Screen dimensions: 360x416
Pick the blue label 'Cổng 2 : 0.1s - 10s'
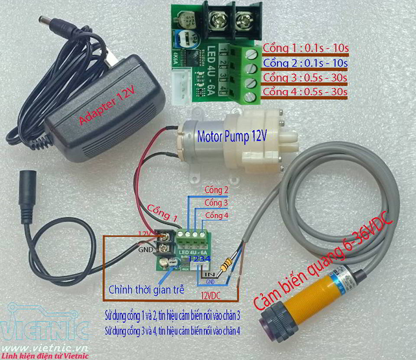click(x=305, y=63)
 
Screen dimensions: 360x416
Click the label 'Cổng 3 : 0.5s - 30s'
click(x=305, y=78)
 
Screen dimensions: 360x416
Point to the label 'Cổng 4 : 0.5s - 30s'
click(x=305, y=92)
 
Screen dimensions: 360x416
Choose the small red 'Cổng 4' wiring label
click(x=216, y=215)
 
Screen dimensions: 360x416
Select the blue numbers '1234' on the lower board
click(x=199, y=259)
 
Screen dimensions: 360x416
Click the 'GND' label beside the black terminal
click(x=145, y=249)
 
